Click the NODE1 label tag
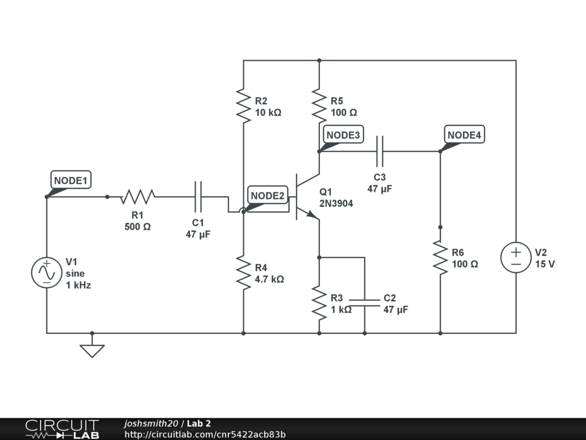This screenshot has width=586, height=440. coord(70,180)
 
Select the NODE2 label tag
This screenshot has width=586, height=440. coord(268,195)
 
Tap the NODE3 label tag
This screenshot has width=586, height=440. coord(343,135)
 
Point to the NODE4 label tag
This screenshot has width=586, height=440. coord(464,135)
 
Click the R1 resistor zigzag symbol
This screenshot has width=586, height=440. coord(137,197)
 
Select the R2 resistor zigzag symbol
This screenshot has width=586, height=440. coord(243,106)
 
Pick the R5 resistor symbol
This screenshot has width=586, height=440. coord(319,106)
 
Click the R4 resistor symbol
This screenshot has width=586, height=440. coord(243,273)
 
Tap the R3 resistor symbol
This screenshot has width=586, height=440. coord(319,303)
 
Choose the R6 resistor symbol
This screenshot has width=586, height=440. coord(440,257)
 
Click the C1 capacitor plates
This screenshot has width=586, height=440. coord(198,197)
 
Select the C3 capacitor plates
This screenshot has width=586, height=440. coord(380,151)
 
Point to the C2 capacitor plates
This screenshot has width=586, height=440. coord(365,302)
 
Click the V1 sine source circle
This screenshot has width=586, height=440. coord(47,272)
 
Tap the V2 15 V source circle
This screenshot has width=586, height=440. coord(516,257)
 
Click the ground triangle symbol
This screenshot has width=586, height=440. coord(92,351)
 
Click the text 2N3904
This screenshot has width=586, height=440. coord(336,203)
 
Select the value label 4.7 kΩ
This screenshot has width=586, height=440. coord(270,279)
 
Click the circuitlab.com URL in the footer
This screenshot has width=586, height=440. coord(205,434)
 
